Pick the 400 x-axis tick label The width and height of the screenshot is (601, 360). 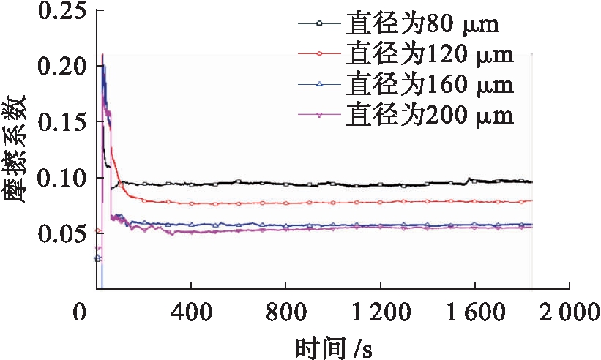(x=191, y=315)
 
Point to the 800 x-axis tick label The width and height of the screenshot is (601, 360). (x=285, y=315)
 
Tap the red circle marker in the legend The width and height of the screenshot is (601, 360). (x=319, y=56)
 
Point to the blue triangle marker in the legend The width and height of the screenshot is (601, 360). (x=319, y=85)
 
